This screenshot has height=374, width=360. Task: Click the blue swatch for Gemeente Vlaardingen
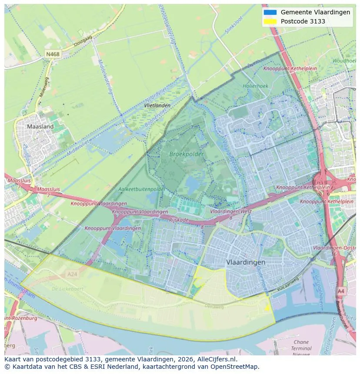(x=270, y=12)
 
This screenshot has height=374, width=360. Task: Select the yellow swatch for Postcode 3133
(x=270, y=21)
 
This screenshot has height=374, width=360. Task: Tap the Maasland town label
(x=40, y=126)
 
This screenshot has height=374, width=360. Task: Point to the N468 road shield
(x=53, y=54)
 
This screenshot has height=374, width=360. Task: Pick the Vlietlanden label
(x=157, y=106)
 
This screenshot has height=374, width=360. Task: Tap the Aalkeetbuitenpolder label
(x=142, y=189)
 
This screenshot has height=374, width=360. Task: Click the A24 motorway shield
(x=72, y=274)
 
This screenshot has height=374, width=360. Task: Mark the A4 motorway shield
(x=341, y=291)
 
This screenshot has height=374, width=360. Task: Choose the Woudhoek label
(x=344, y=61)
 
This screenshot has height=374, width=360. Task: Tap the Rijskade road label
(x=179, y=220)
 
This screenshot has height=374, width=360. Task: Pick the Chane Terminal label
(x=301, y=345)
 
